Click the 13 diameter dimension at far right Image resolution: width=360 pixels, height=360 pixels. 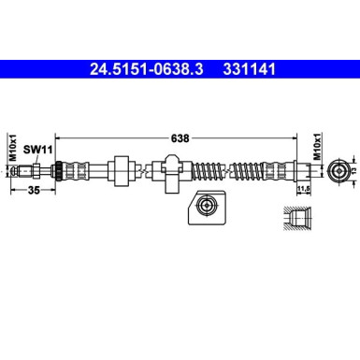[x=353, y=171]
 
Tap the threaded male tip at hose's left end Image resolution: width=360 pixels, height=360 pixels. [x=35, y=171]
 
